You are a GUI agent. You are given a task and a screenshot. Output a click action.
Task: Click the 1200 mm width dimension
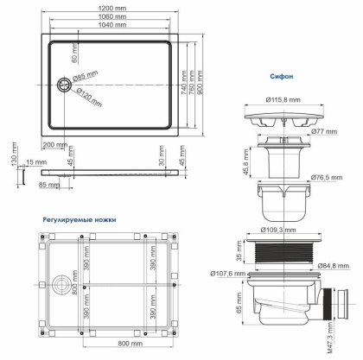coord(116,9)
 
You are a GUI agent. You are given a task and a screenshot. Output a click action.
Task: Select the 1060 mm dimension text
coord(116,17)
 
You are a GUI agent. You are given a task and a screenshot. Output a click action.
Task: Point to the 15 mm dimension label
coord(35,161)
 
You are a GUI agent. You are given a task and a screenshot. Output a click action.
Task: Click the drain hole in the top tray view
coord(62,85)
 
